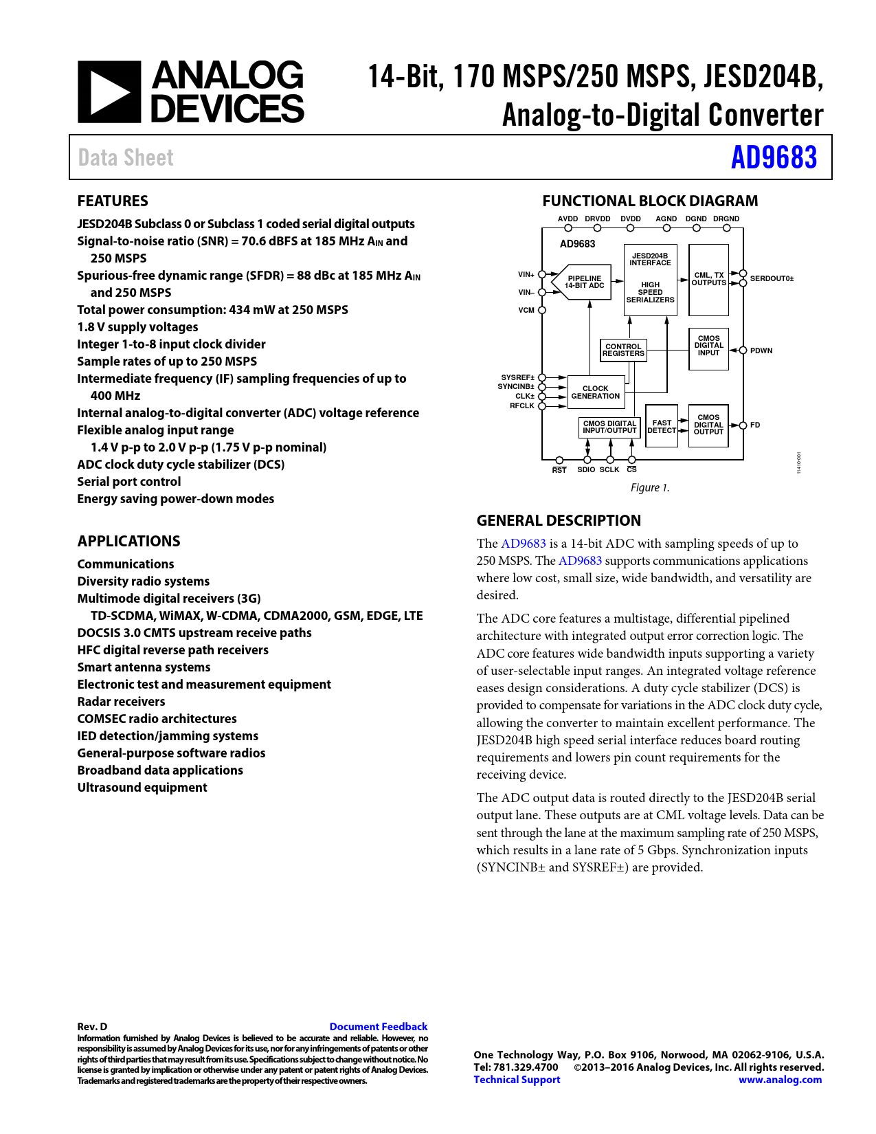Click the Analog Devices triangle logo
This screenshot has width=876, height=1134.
click(109, 92)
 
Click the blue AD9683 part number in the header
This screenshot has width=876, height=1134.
click(774, 157)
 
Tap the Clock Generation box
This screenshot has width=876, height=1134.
click(595, 392)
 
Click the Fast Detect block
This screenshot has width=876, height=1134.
click(662, 427)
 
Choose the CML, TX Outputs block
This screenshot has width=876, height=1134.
click(708, 279)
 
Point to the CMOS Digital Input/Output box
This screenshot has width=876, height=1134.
click(609, 427)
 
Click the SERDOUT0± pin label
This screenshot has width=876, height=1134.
click(772, 279)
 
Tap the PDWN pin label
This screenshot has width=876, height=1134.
click(761, 351)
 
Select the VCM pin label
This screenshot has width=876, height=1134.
click(526, 310)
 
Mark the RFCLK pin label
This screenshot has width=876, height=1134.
click(522, 406)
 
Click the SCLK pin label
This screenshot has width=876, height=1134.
click(609, 470)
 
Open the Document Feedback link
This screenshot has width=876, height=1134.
click(379, 1027)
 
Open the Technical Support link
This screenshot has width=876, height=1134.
click(517, 1080)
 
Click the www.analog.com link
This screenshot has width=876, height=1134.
click(780, 1080)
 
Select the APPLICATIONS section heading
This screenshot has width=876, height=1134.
click(128, 541)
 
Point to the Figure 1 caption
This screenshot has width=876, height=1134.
click(649, 487)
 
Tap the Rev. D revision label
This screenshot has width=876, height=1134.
click(92, 1027)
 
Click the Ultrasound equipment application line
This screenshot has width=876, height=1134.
click(142, 788)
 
